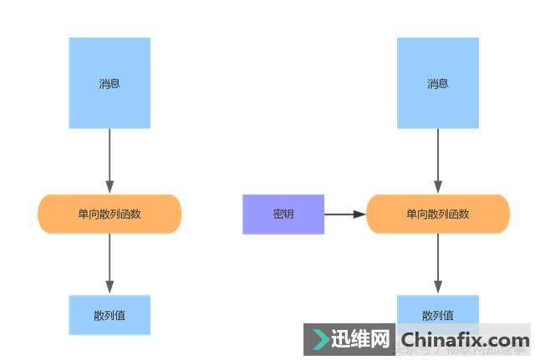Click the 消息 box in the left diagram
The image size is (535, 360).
110,83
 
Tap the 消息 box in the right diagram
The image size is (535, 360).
438,83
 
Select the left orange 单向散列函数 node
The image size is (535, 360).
110,214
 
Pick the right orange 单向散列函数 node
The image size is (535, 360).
438,214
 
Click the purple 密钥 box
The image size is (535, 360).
283,214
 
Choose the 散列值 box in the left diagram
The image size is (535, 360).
110,315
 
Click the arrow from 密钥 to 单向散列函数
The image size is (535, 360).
344,215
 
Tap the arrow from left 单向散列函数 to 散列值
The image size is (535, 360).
110,262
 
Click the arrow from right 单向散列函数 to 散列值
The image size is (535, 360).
438,262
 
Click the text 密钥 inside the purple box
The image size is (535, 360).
283,214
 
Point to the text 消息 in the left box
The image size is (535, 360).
110,84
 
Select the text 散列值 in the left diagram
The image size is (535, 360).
110,316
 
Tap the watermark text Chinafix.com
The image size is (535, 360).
464,340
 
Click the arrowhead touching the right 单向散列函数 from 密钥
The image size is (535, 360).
359,215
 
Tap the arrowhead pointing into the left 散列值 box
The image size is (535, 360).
110,287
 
